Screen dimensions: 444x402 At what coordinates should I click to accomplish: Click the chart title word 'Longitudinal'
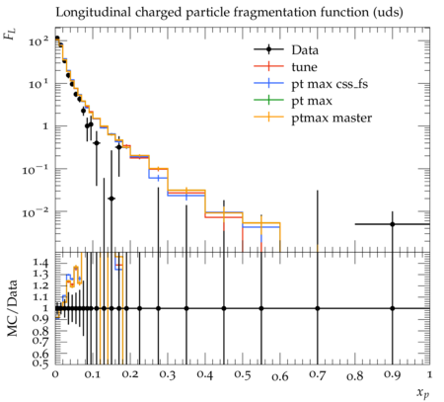pos(93,13)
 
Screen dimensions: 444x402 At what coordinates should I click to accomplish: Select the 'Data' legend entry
pos(286,50)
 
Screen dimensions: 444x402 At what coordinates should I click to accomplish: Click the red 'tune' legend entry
pos(285,67)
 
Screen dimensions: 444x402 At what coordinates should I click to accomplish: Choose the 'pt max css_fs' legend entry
pos(311,84)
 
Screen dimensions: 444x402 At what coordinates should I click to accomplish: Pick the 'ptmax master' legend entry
pos(313,118)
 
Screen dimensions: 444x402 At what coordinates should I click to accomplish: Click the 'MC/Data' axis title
pos(12,308)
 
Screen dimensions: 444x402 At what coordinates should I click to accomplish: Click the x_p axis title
pos(423,392)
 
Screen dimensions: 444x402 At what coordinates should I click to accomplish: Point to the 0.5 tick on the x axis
pos(243,375)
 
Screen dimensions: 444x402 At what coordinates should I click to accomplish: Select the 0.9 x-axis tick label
pos(393,375)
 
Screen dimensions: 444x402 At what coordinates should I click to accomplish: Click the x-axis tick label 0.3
pos(168,375)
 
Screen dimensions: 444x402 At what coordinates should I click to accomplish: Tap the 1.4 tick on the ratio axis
pos(40,263)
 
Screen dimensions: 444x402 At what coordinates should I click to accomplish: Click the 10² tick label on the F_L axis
pos(38,41)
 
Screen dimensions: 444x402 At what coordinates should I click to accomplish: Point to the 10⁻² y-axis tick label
pos(36,212)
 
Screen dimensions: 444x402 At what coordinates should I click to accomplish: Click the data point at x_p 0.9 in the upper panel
pos(393,224)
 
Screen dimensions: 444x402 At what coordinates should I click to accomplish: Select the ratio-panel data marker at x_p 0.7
pos(318,308)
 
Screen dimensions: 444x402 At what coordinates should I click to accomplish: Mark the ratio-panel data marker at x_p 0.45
pos(224,308)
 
